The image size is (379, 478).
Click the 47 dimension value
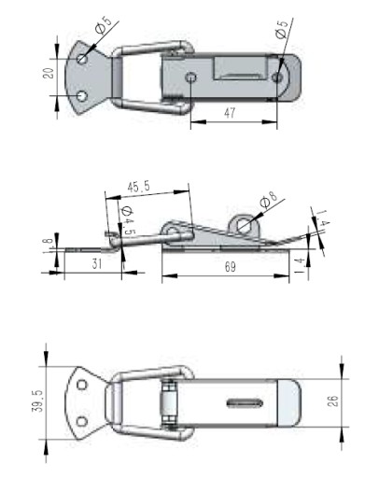(x=230, y=113)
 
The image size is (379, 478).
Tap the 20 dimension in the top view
(x=49, y=73)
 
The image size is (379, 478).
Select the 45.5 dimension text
(x=139, y=187)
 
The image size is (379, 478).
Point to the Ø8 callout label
(x=268, y=200)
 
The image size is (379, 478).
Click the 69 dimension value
(x=230, y=267)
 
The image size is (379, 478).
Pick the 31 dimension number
(x=97, y=263)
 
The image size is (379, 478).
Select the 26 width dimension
(x=332, y=401)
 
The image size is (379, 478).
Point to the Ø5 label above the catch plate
(x=104, y=25)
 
